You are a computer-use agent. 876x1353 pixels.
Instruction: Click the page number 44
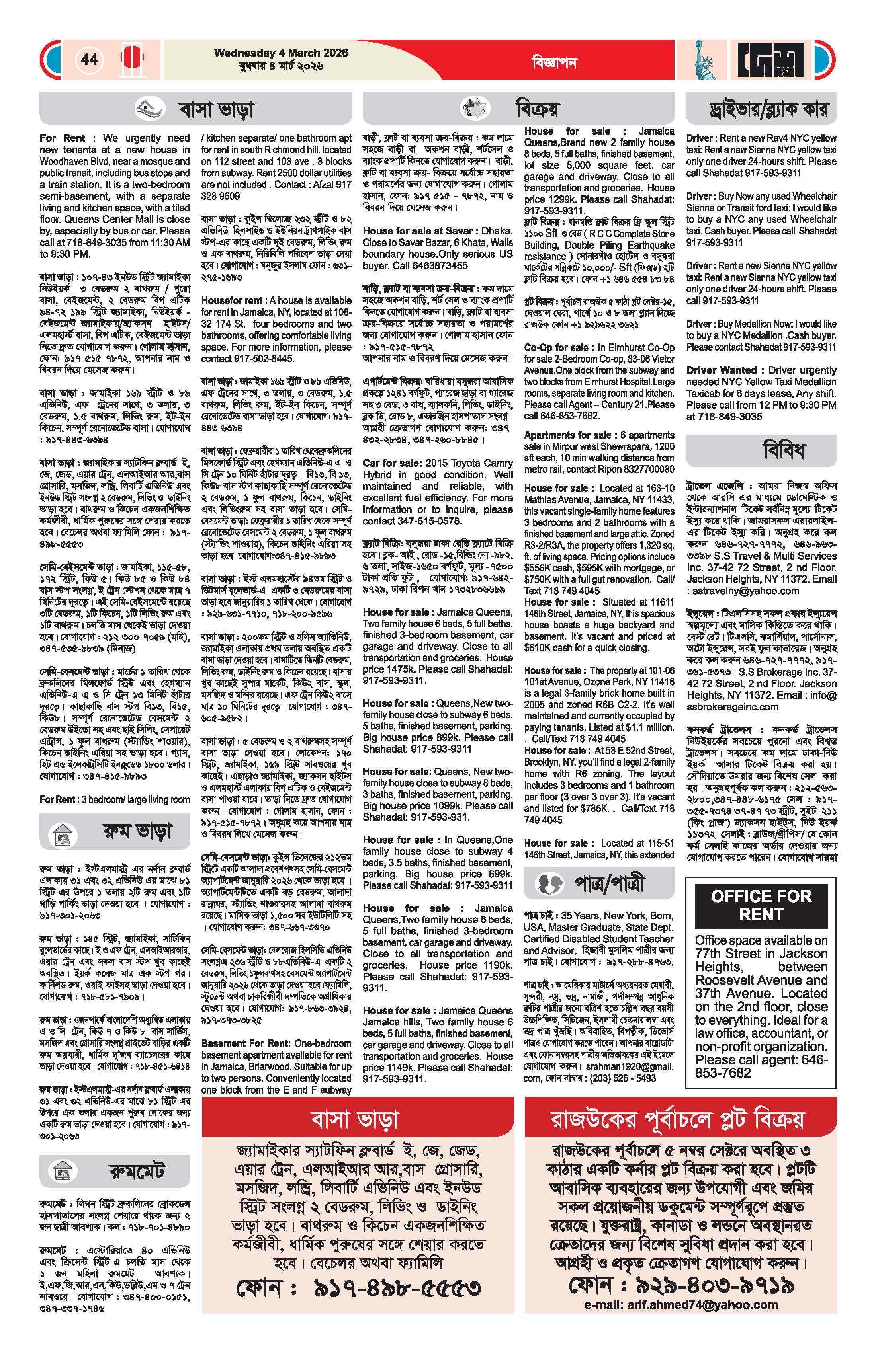(x=89, y=59)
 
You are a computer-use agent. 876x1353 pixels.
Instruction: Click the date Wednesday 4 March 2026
(x=281, y=53)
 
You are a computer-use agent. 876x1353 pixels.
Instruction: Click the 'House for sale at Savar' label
(x=418, y=231)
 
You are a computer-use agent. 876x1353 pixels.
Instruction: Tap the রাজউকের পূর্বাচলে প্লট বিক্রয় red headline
(x=680, y=1119)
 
